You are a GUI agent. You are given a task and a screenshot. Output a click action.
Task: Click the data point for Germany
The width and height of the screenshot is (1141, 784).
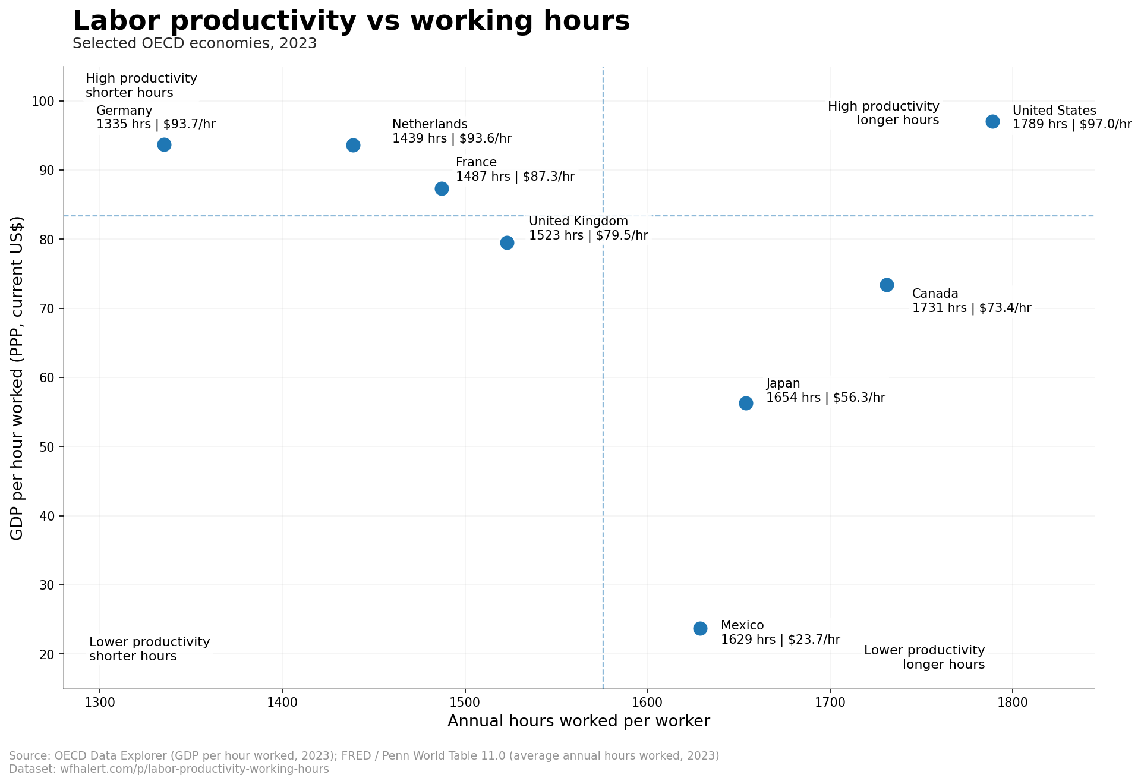point(164,144)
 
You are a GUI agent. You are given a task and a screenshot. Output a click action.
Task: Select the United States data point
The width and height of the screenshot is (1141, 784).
point(992,121)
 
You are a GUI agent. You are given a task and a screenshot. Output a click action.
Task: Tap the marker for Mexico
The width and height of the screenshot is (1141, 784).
point(700,628)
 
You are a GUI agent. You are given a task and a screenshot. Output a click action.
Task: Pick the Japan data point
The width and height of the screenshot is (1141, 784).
point(746,403)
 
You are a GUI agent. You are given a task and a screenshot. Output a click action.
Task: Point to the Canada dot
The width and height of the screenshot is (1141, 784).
point(887,285)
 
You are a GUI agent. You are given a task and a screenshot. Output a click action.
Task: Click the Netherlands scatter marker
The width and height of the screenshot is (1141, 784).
point(353,145)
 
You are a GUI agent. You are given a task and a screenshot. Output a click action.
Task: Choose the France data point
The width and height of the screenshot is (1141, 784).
point(442,188)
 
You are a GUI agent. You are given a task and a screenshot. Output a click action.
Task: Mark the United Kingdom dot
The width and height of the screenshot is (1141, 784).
point(507,243)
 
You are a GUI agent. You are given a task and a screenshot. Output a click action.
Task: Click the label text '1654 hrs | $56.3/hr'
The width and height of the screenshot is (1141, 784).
point(825,398)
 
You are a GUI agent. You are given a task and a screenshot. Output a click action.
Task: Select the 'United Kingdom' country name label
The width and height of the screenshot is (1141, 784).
point(578,221)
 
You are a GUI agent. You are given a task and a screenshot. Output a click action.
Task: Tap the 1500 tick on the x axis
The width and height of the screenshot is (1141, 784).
point(465,702)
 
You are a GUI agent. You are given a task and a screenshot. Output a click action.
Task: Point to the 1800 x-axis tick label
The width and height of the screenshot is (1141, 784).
point(1013,702)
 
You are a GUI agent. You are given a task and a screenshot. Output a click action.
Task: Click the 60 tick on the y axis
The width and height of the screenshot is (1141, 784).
point(47,377)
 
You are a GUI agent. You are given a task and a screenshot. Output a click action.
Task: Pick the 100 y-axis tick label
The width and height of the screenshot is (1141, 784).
point(43,102)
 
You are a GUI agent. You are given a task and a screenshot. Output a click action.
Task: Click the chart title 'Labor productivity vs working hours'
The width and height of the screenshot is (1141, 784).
point(351,21)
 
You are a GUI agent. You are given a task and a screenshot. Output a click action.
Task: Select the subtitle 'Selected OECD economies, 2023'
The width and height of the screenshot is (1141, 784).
point(194,43)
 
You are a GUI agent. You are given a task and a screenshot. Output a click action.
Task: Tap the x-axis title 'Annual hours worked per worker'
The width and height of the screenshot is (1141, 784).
point(578,721)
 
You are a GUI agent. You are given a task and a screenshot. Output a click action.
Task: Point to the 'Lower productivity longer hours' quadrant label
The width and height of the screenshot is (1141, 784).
point(924,657)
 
